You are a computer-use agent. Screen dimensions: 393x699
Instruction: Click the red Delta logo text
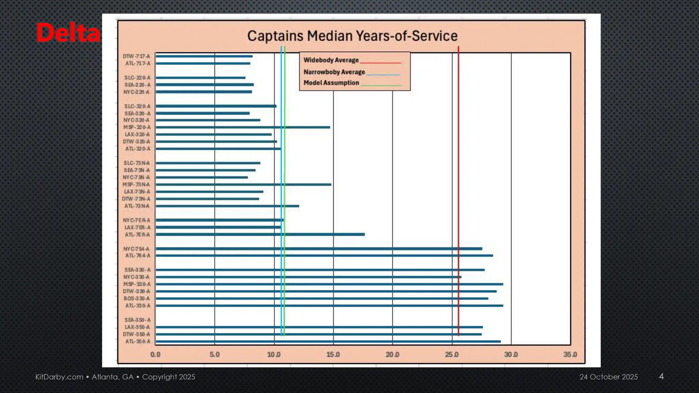click(68, 33)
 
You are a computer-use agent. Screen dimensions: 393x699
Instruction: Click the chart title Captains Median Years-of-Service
click(352, 36)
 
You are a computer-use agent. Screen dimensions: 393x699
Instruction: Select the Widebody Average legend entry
click(331, 60)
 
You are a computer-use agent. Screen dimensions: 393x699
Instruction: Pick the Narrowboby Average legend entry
click(334, 72)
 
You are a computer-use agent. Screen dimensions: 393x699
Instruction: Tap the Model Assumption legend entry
click(331, 83)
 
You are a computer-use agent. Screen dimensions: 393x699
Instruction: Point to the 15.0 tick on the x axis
click(333, 355)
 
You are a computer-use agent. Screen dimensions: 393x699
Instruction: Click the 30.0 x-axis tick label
click(511, 355)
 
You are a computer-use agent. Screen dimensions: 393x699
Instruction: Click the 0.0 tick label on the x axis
click(155, 355)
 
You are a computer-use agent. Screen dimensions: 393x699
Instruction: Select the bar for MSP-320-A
click(243, 127)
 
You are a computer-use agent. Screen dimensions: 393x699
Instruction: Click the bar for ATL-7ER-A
click(260, 234)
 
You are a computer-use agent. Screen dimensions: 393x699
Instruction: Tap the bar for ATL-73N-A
click(227, 206)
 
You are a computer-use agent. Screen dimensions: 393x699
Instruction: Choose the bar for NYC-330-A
click(308, 277)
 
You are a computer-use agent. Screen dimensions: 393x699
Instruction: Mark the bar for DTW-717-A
click(204, 56)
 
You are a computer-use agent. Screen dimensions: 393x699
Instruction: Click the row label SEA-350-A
click(137, 320)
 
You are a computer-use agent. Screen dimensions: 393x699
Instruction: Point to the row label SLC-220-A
click(137, 78)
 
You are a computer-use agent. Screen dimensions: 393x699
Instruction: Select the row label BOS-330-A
click(137, 298)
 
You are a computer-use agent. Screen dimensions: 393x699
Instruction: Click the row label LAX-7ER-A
click(137, 227)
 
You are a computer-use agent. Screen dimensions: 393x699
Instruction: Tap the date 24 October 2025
click(608, 377)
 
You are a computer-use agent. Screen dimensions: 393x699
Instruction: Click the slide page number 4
click(661, 376)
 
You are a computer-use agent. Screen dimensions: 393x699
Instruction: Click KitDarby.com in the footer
click(59, 377)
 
